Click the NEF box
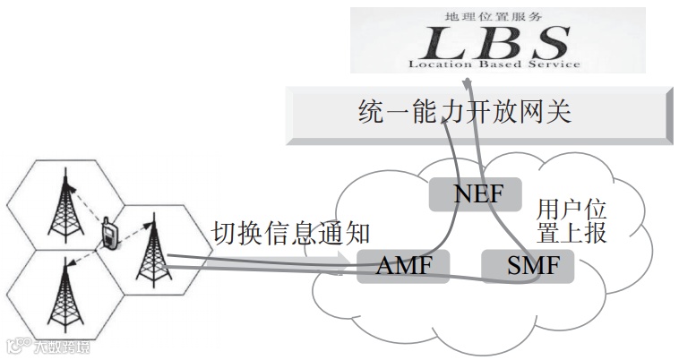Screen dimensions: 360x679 coord(466,193)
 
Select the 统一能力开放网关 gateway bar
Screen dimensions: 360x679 coord(477,115)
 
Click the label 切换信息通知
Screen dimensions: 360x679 coord(290,234)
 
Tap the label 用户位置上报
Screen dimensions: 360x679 coord(572,223)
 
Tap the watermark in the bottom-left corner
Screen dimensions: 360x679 coord(50,345)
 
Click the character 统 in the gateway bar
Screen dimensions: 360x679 coord(370,115)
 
